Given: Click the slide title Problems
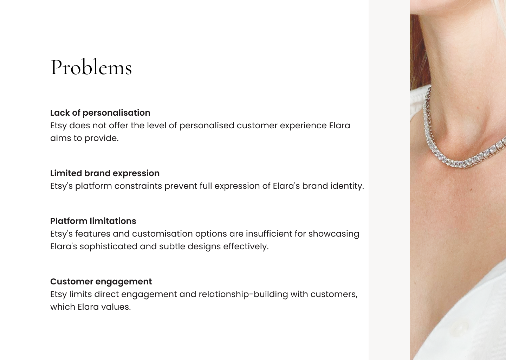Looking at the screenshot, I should coord(91,67).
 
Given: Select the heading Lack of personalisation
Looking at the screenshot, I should coord(100,113).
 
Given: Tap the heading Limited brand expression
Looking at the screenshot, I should coord(105,173).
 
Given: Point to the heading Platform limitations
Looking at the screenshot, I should coord(93,221).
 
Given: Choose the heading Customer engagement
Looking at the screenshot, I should coord(101,282).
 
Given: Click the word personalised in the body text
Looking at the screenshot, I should coord(207,126).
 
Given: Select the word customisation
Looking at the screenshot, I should coord(162,234).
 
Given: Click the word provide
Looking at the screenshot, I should coord(102,138).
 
